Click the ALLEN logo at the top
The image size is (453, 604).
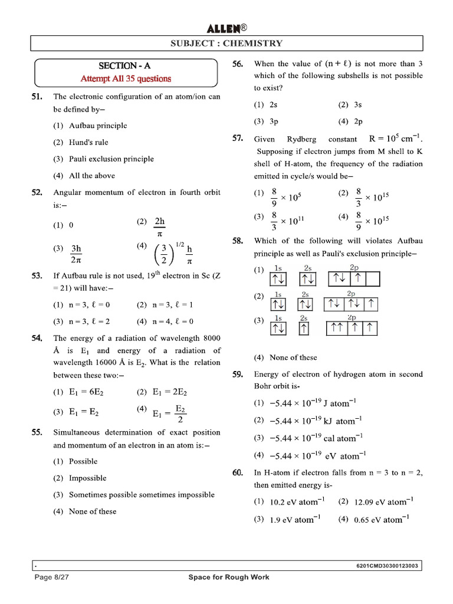pyautogui.click(x=226, y=28)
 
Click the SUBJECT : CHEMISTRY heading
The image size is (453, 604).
pyautogui.click(x=226, y=43)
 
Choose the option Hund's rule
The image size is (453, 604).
pyautogui.click(x=88, y=142)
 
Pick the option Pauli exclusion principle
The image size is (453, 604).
pyautogui.click(x=111, y=159)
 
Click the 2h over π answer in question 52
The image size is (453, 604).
pyautogui.click(x=159, y=226)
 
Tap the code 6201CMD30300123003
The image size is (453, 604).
pyautogui.click(x=388, y=566)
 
